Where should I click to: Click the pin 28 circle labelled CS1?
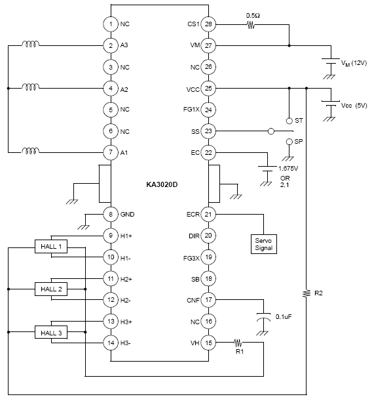point(208,24)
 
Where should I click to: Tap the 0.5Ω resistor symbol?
point(251,25)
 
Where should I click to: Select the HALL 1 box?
point(51,247)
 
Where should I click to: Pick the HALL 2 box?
point(51,289)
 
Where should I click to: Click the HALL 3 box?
point(51,332)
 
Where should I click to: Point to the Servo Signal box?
point(264,244)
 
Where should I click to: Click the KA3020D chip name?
point(162,184)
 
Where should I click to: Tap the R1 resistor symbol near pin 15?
point(238,342)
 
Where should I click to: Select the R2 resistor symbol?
point(307,293)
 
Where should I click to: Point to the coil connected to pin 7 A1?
point(31,151)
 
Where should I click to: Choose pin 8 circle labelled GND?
point(111,215)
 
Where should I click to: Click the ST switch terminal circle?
point(289,121)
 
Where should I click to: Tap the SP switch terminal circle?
point(289,142)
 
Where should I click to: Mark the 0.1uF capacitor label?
point(284,317)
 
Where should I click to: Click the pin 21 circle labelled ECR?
point(208,215)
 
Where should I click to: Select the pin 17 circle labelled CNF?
point(208,300)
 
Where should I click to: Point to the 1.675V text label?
point(288,169)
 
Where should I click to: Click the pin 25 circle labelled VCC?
point(208,89)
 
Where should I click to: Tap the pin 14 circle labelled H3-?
point(111,343)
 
